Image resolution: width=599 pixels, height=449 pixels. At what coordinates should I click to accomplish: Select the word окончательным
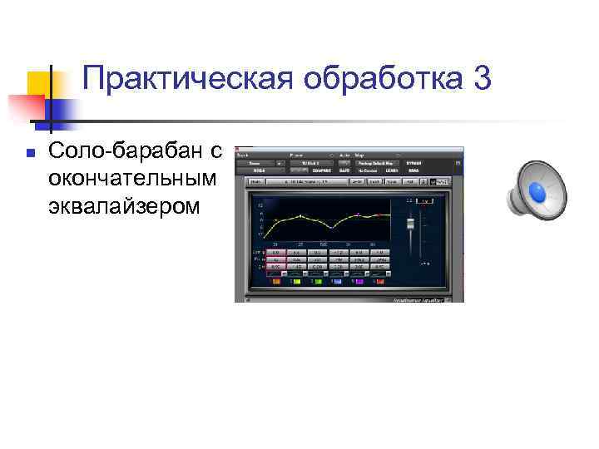tap(131, 178)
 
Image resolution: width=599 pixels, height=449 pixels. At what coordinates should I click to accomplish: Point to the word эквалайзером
tap(124, 205)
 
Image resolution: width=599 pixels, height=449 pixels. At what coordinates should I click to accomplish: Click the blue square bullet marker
tap(29, 152)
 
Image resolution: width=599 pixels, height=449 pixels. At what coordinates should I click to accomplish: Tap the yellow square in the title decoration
tap(42, 85)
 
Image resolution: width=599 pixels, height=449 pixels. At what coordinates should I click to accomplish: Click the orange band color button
tap(275, 282)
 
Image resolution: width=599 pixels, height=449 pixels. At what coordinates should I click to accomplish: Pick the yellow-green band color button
tap(295, 282)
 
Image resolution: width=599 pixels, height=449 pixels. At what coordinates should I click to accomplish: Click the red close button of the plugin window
tap(239, 149)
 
